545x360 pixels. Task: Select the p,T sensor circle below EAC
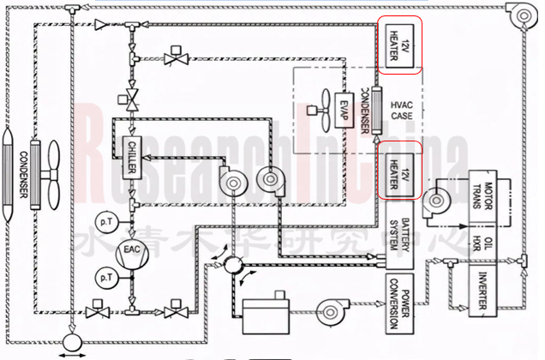point(106,278)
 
